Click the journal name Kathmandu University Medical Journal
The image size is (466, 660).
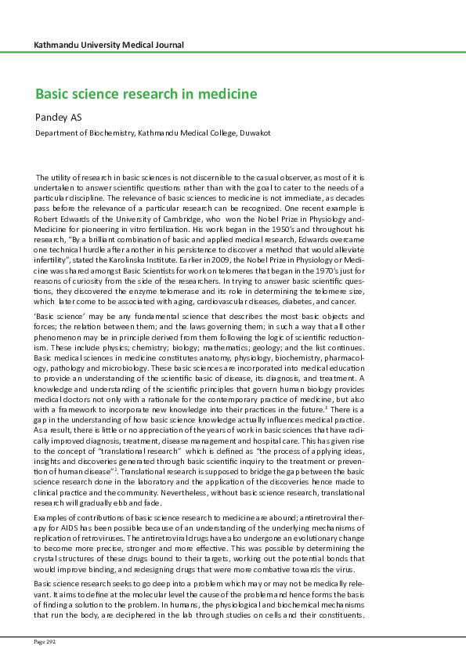(110, 45)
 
